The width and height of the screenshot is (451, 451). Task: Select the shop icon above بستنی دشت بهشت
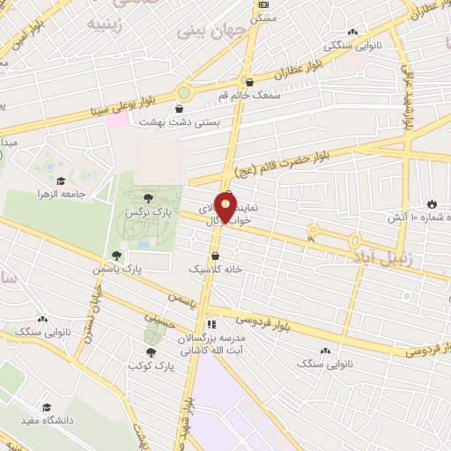180,109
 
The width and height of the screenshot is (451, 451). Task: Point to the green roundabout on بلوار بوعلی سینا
184,92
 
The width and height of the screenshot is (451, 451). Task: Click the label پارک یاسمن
119,268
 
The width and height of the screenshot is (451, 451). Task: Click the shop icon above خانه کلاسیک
216,255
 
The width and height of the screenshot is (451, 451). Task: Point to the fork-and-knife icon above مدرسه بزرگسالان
211,325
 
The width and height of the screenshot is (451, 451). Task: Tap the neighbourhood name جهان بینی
203,30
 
